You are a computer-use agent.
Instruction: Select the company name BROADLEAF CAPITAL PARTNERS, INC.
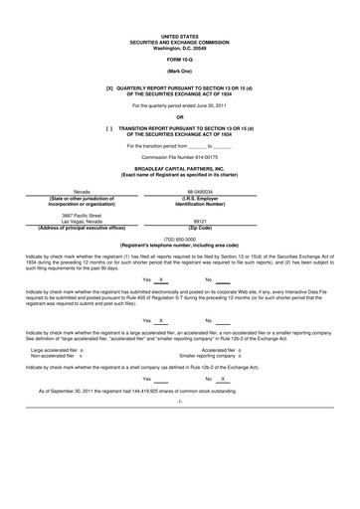pyautogui.click(x=180, y=169)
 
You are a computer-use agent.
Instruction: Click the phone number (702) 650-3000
pyautogui.click(x=180, y=238)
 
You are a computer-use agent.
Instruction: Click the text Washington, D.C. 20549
pyautogui.click(x=180, y=49)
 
